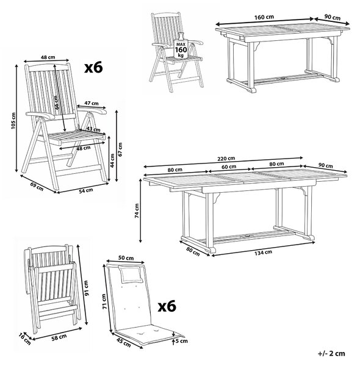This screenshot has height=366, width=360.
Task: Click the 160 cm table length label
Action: click(264, 17)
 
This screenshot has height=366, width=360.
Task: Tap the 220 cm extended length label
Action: click(226, 159)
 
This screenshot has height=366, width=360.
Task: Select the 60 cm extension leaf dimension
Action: click(229, 167)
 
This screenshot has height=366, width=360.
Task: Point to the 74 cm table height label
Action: click(137, 211)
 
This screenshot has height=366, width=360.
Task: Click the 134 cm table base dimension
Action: click(263, 253)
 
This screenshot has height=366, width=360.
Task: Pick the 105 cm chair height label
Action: click(13, 120)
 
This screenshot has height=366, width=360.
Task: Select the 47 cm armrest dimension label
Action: click(92, 103)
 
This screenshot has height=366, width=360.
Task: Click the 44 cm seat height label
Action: click(112, 161)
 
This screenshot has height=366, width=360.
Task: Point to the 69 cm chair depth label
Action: click(37, 186)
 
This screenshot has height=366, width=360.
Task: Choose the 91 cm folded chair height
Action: click(87, 288)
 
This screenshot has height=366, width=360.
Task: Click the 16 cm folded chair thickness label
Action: click(25, 339)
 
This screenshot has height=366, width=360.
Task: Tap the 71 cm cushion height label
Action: click(104, 301)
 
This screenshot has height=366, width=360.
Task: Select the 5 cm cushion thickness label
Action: click(182, 341)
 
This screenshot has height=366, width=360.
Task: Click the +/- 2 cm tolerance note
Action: click(331, 353)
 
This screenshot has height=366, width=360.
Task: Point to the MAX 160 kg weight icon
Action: click(181, 46)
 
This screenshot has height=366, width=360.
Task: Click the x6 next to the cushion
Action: click(167, 306)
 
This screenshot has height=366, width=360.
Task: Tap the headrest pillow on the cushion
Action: click(130, 274)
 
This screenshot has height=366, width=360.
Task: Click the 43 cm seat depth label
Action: click(93, 129)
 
